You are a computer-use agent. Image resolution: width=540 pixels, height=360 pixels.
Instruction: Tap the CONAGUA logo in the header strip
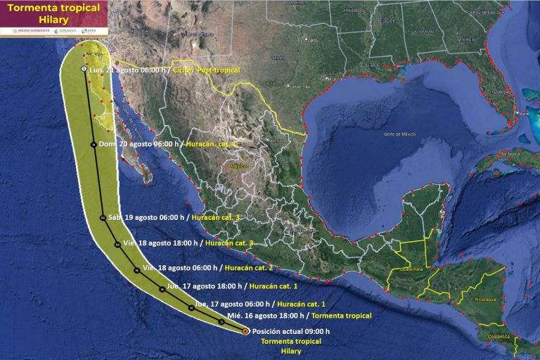[65, 31]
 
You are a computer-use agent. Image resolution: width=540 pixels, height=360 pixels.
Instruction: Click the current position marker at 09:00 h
[245, 330]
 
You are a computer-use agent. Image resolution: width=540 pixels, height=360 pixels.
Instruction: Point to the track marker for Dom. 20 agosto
[93, 145]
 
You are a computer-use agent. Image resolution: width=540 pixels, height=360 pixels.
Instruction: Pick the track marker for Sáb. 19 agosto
[103, 218]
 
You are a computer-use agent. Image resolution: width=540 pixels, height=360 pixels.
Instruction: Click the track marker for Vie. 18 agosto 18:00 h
[117, 244]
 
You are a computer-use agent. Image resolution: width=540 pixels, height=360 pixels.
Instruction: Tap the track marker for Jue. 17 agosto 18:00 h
[162, 288]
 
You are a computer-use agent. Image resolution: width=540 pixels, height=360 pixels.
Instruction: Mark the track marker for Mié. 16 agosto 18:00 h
[221, 321]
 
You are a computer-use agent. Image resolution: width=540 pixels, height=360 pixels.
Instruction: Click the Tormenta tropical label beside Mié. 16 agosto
[341, 316]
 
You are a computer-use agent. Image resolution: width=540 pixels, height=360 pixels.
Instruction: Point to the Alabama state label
[422, 32]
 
